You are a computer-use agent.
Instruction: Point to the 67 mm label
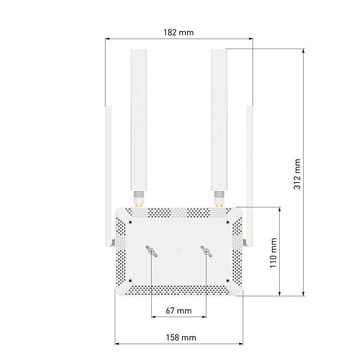[x=179, y=310]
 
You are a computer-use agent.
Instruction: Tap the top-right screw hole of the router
[x=227, y=224]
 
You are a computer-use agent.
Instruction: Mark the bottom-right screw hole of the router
[x=227, y=281]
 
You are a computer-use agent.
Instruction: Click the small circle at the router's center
[x=179, y=250]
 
